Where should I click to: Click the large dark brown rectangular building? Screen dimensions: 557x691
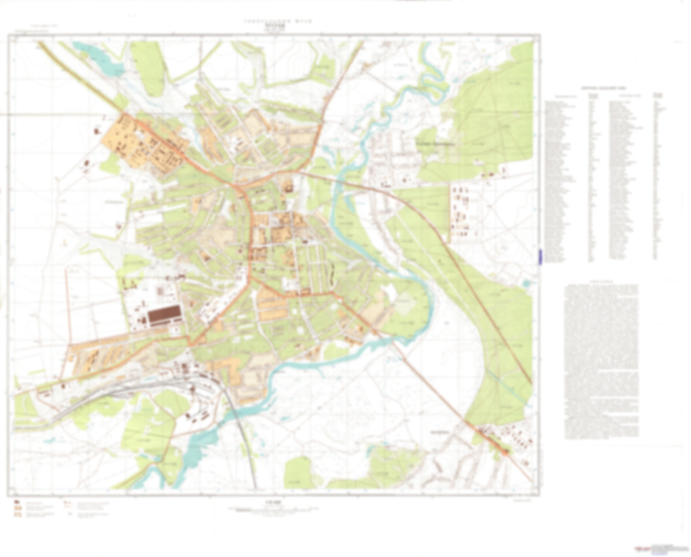tap(164, 316)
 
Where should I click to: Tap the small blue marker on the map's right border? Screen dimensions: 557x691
tap(540, 256)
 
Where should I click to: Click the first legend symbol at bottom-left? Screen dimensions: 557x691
tap(18, 502)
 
